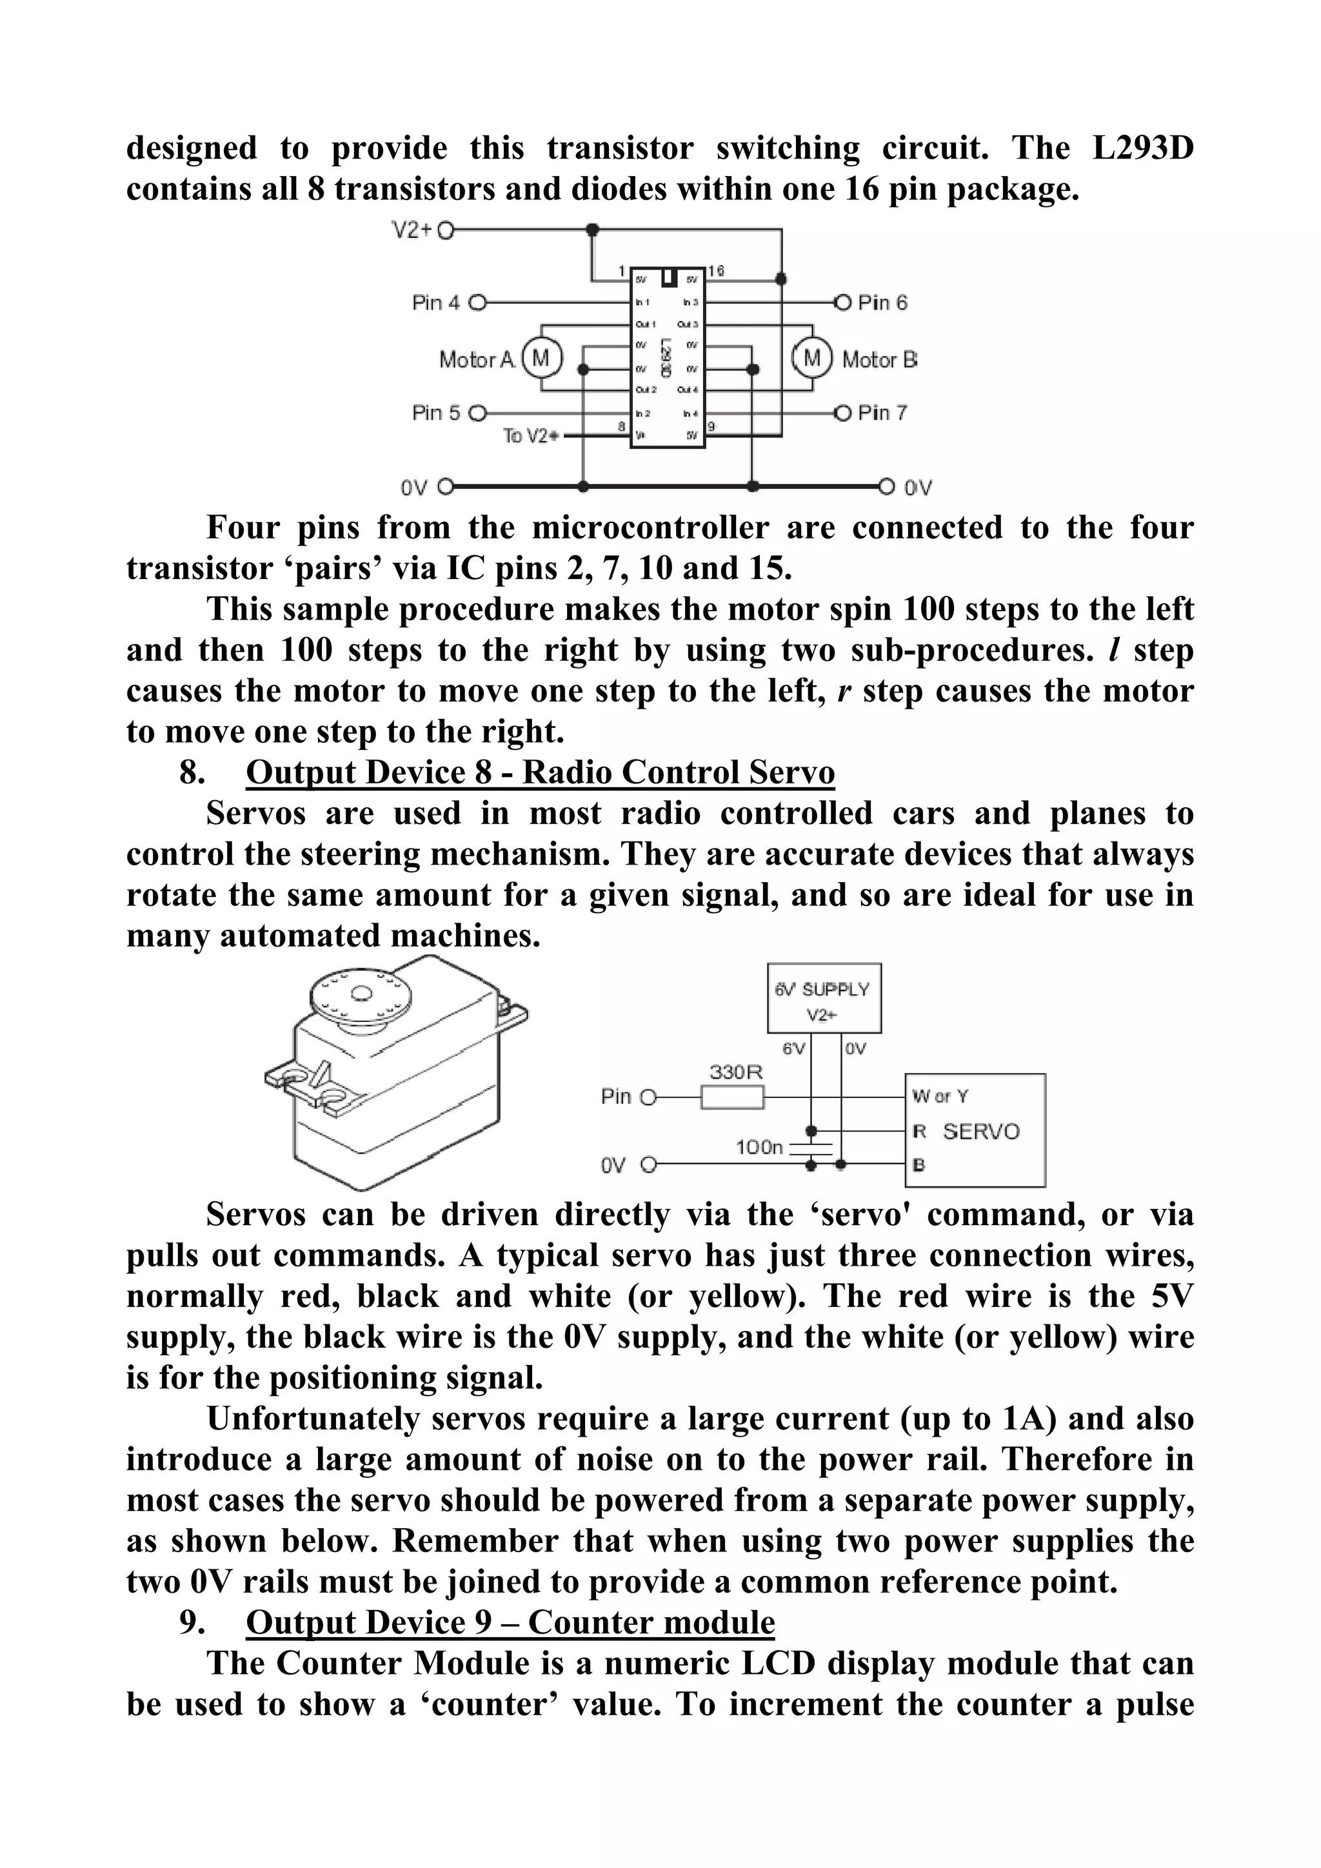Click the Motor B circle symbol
coord(812,358)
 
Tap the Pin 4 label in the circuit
coord(435,302)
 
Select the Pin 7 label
coord(882,413)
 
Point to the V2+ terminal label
coord(411,230)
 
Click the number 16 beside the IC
coord(715,271)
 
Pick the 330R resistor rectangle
coord(733,1098)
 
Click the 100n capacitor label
coord(759,1148)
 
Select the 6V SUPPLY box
coord(824,998)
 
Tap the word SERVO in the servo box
coord(981,1132)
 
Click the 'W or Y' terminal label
coord(940,1097)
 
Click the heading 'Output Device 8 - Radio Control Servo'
coord(540,772)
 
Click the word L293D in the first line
coord(1141,149)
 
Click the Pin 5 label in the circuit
coord(435,413)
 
